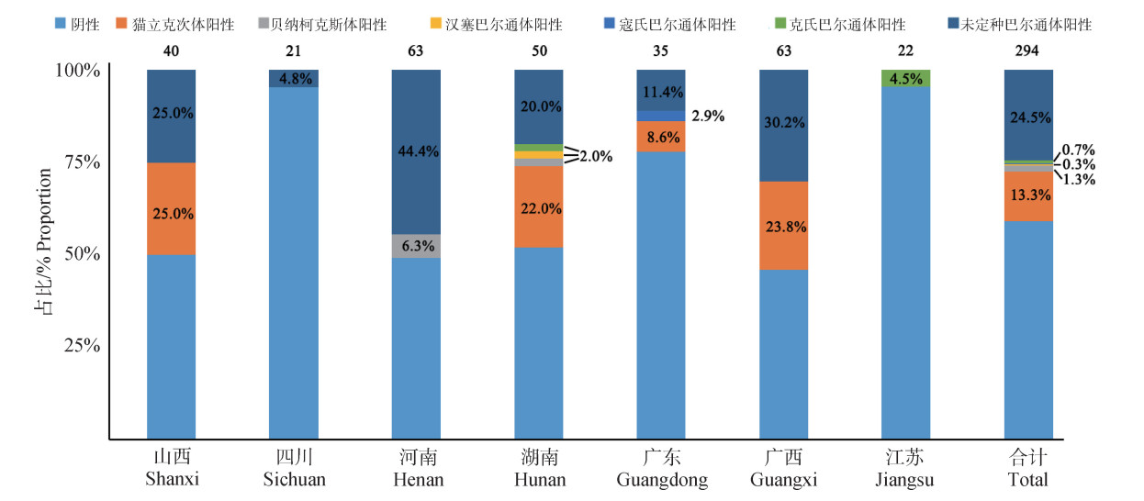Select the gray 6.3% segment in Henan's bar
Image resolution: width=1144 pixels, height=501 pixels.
416,246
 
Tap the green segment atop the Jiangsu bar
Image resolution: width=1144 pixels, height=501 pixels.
905,78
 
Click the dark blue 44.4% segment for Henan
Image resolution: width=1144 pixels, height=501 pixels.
416,151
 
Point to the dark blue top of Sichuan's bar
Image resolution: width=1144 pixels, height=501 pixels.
294,78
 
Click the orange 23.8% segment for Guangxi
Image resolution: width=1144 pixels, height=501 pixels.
783,225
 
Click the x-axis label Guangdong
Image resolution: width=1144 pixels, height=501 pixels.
661,480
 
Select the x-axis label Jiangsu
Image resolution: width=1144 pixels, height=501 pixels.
905,480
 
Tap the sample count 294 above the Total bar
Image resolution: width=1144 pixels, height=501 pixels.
1027,51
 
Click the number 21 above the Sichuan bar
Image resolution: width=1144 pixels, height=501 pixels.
294,51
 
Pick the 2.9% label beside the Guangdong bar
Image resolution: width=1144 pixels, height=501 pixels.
707,117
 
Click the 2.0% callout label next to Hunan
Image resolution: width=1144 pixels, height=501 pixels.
596,156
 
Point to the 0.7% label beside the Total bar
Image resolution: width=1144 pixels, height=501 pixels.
1078,150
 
